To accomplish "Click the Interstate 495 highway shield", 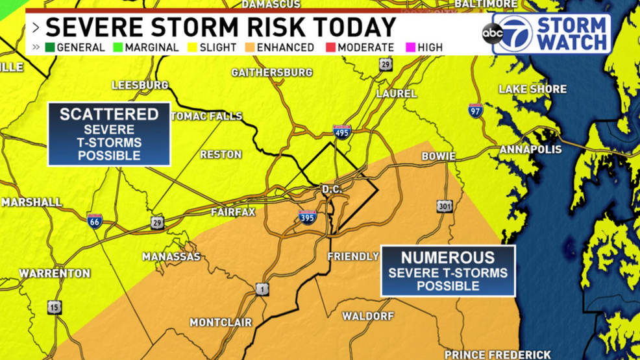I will [342, 132].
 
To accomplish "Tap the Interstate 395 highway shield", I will [307, 217].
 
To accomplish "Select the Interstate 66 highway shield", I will [95, 221].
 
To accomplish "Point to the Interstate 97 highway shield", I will [476, 110].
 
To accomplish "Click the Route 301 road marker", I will [445, 207].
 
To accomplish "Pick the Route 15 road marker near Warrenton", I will [55, 307].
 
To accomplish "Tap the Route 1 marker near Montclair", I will [262, 289].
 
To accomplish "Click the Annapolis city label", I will [530, 150].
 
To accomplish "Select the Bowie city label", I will [439, 156].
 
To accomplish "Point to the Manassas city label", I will [171, 257].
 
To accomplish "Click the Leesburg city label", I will [140, 85].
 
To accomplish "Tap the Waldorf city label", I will [368, 316].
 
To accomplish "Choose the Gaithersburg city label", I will [272, 72].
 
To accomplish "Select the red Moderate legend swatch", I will [330, 47].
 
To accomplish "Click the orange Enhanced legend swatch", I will [249, 47].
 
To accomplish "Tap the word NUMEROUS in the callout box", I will [448, 258].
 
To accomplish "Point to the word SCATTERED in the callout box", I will [109, 114].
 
